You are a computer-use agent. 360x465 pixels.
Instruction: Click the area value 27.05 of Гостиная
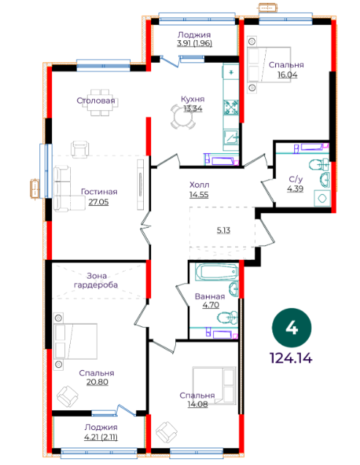pyautogui.click(x=99, y=202)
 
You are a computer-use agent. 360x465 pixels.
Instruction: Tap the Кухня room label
pyautogui.click(x=193, y=99)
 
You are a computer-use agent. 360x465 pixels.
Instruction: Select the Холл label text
pyautogui.click(x=199, y=185)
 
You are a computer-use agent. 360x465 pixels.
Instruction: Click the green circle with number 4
pyautogui.click(x=291, y=328)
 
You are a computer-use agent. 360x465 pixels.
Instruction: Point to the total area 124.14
pyautogui.click(x=291, y=358)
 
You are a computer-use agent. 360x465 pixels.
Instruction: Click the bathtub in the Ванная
pyautogui.click(x=216, y=272)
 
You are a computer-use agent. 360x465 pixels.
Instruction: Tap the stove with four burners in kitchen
pyautogui.click(x=231, y=107)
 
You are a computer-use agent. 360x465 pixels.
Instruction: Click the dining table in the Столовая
pyautogui.click(x=101, y=103)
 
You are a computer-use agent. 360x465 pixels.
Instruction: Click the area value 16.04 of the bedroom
pyautogui.click(x=288, y=74)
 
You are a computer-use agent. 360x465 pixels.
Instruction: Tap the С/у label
pyautogui.click(x=296, y=179)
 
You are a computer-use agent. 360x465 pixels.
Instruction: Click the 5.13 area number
pyautogui.click(x=223, y=230)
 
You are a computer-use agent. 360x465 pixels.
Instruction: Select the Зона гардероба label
pyautogui.click(x=96, y=280)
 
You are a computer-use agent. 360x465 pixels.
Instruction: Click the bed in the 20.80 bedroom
pyautogui.click(x=76, y=342)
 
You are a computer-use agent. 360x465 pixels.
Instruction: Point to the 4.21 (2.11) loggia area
pyautogui.click(x=101, y=437)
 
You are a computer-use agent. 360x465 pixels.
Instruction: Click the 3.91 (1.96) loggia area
pyautogui.click(x=194, y=43)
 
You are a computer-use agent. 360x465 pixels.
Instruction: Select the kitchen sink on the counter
pyautogui.click(x=231, y=137)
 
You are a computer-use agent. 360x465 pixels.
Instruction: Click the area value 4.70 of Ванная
pyautogui.click(x=211, y=304)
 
